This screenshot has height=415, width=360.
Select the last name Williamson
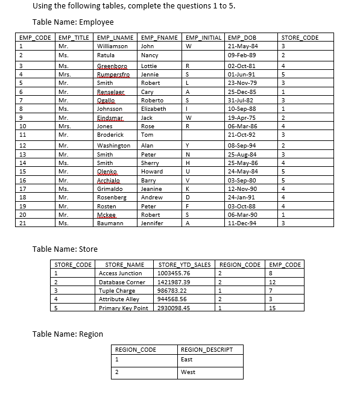point(112,46)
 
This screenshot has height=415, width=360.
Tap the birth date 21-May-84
point(244,46)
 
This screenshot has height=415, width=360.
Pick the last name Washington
point(113,146)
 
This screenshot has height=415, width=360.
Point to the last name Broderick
point(110,135)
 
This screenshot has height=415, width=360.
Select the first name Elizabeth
point(153,109)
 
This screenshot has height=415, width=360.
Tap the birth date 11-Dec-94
point(244,223)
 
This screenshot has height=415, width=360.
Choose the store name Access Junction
point(120,273)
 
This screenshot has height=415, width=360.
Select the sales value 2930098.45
point(174,308)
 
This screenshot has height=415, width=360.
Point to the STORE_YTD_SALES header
point(185,264)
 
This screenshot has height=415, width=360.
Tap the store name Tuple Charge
point(116,290)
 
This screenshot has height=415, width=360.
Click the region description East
point(186,360)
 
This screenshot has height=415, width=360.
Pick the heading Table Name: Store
point(65,249)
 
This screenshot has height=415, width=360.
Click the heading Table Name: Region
point(68,334)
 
